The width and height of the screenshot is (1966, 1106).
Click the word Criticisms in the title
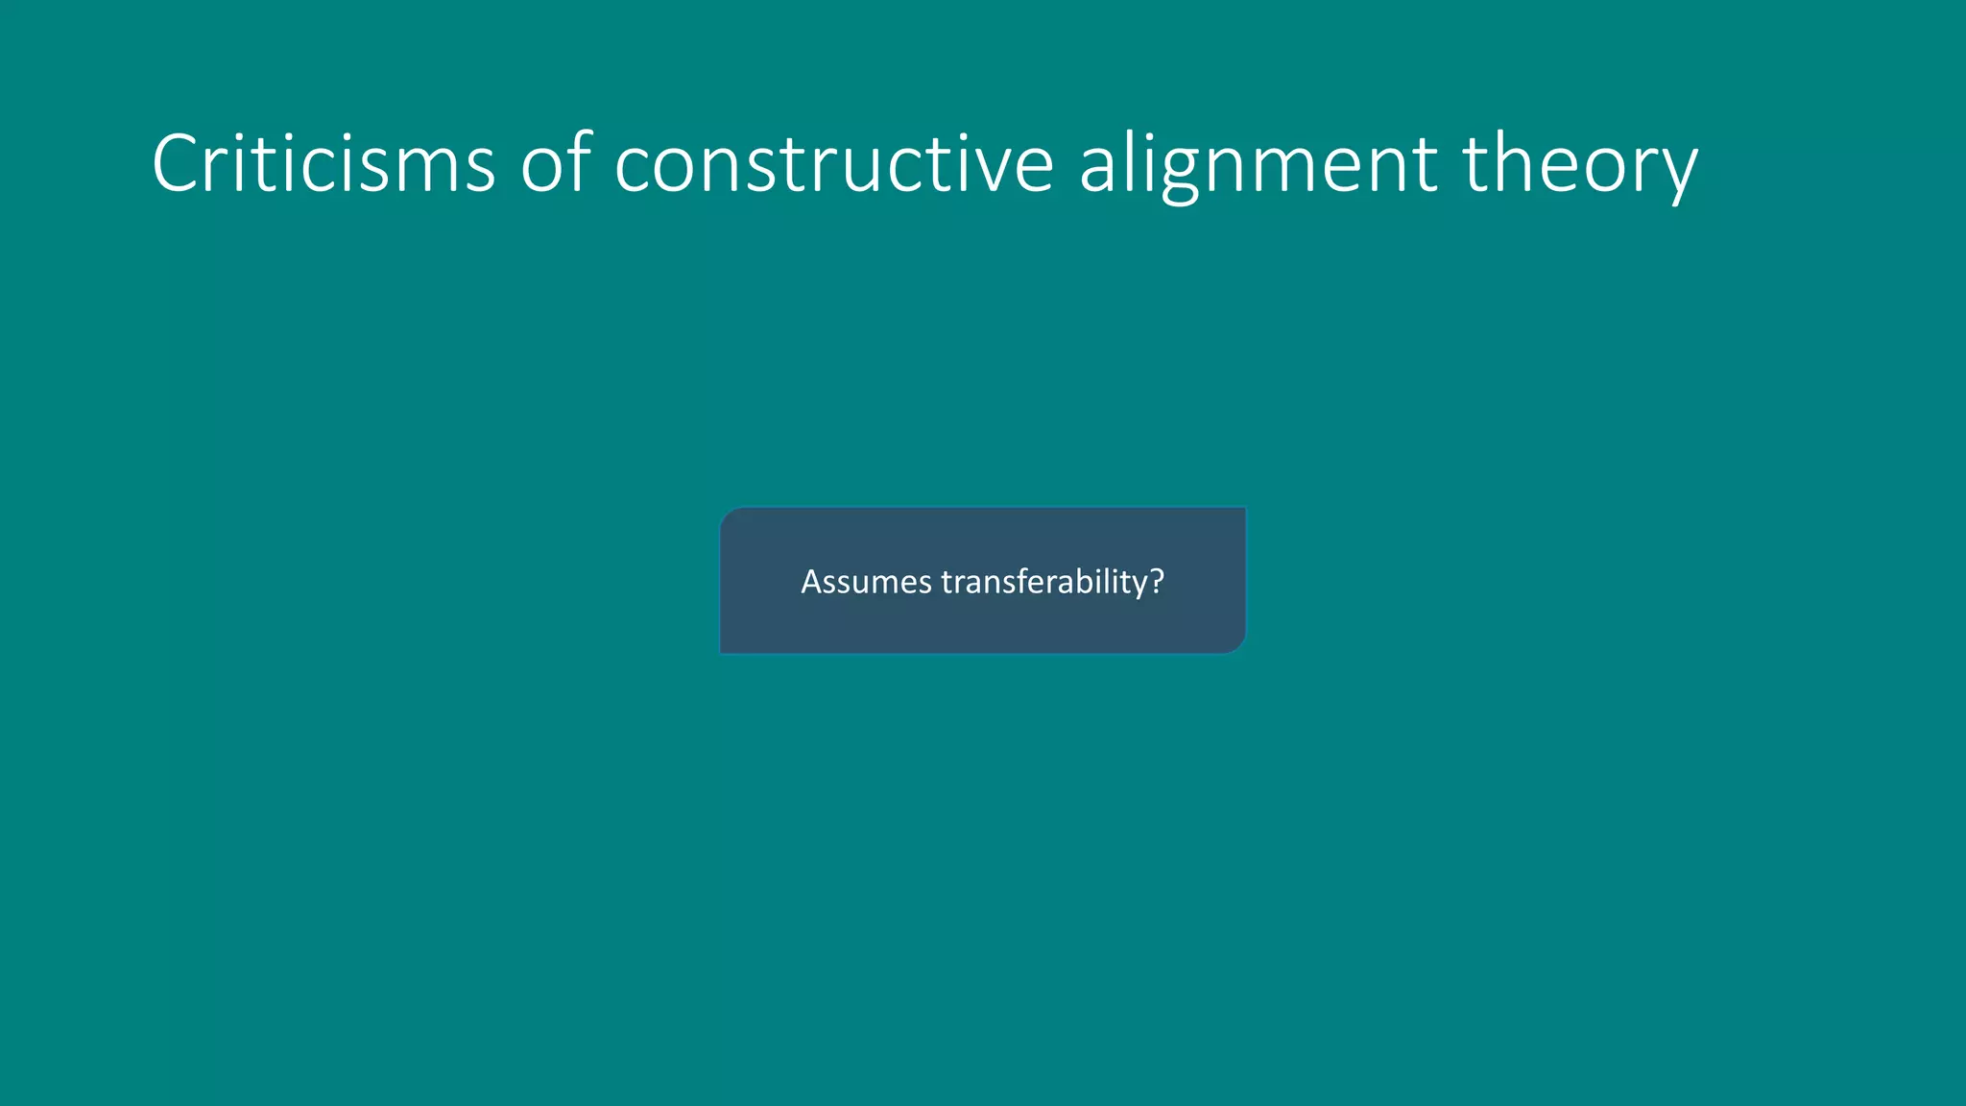click(x=324, y=163)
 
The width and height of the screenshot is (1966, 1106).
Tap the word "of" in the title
click(x=555, y=163)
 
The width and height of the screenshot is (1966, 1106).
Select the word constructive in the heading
click(x=834, y=163)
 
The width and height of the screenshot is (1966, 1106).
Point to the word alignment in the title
click(x=1259, y=165)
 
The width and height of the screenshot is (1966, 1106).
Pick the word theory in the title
click(x=1580, y=165)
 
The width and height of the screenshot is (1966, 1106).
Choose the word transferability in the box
click(x=1043, y=582)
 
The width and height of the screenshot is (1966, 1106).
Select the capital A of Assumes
click(x=811, y=582)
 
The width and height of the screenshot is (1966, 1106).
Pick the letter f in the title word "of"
click(x=579, y=161)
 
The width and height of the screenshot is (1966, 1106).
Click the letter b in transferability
click(x=1080, y=581)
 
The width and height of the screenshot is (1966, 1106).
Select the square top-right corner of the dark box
click(x=1244, y=509)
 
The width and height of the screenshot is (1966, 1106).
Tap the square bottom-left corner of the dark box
click(x=722, y=652)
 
